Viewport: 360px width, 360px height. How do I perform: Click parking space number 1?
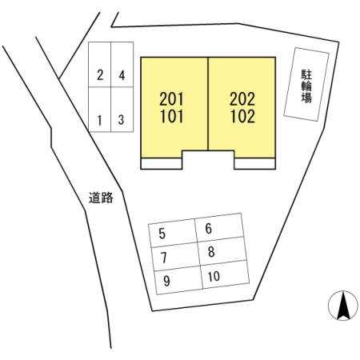point(100,110)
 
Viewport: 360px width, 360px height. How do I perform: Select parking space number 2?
point(100,65)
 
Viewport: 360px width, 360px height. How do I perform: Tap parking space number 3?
point(122,110)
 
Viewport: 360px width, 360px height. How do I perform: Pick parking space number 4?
point(122,65)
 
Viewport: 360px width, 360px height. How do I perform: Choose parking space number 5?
point(173,233)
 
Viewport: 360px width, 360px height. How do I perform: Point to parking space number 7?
point(176,257)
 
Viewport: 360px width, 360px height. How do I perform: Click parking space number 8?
point(222,251)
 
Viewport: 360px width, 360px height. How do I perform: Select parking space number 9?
point(178,280)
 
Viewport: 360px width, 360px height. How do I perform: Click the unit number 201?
point(172,99)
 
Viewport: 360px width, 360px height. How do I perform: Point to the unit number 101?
point(172,117)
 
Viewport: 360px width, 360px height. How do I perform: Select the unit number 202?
point(242,99)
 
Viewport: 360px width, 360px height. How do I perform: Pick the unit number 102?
point(242,117)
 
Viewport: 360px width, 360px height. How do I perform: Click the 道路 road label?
point(101,198)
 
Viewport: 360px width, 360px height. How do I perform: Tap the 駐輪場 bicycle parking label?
point(306,86)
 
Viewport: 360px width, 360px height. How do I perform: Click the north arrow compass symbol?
point(343,306)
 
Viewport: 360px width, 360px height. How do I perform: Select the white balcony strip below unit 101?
point(162,163)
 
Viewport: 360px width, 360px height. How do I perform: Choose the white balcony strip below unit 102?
point(254,163)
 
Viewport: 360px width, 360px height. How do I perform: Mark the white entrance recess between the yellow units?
point(208,159)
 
